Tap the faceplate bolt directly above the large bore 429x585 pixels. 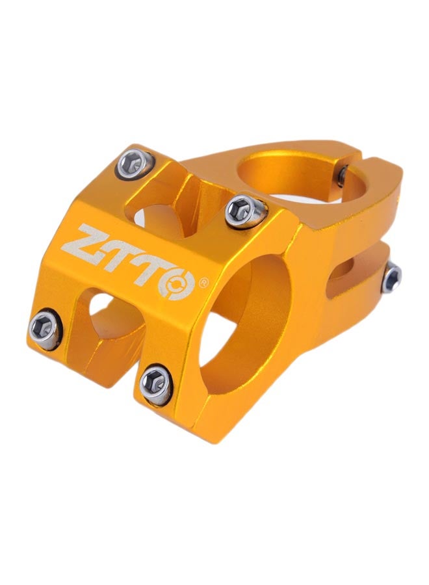coord(246,211)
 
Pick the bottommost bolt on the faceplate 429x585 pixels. coord(157,384)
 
